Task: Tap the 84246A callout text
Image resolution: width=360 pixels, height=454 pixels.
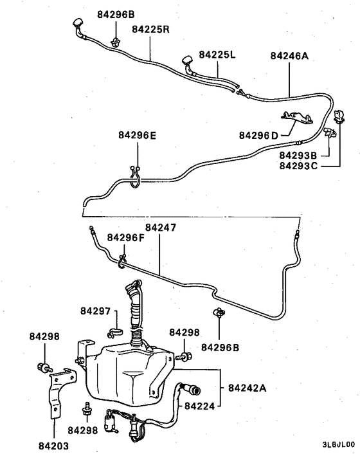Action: (289, 56)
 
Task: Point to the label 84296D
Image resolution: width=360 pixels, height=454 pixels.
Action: (258, 135)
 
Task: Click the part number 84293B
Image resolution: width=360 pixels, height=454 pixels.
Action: (298, 155)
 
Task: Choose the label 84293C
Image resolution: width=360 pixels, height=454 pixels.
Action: (298, 166)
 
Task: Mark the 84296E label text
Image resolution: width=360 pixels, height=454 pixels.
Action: (137, 135)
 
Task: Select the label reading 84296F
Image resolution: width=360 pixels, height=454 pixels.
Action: (126, 238)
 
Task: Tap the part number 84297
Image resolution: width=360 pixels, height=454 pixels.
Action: (96, 311)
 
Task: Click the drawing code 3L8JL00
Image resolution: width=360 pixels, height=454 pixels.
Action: (338, 444)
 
